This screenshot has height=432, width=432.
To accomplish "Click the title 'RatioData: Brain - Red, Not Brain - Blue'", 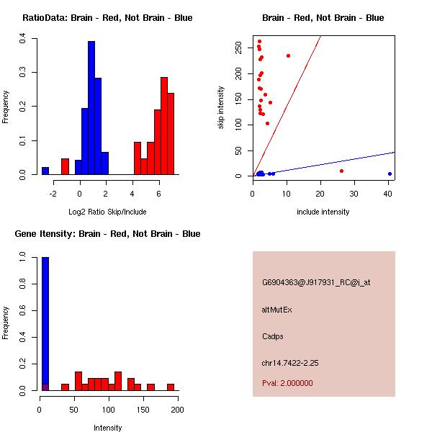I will [x=107, y=18].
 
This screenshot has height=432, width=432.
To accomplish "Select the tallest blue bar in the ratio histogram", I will [x=91, y=108].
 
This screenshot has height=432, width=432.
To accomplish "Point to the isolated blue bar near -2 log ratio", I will [x=45, y=171].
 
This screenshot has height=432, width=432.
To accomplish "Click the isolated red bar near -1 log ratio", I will [x=65, y=166].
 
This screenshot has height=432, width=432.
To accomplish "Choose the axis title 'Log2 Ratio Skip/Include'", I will [x=107, y=212].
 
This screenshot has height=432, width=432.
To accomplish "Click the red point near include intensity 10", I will [x=288, y=55].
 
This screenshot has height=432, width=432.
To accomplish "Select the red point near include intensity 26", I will [x=341, y=171].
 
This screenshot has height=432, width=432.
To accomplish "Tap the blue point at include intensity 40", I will [x=390, y=174].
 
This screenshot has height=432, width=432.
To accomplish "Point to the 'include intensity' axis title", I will [x=323, y=212].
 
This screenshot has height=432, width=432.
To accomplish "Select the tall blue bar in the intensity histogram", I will [x=45, y=324].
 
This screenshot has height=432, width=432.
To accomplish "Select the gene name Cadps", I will [x=274, y=336].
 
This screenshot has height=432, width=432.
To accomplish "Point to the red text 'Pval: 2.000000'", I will [x=287, y=383].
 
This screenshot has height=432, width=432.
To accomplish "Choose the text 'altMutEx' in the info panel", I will [x=277, y=310].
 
